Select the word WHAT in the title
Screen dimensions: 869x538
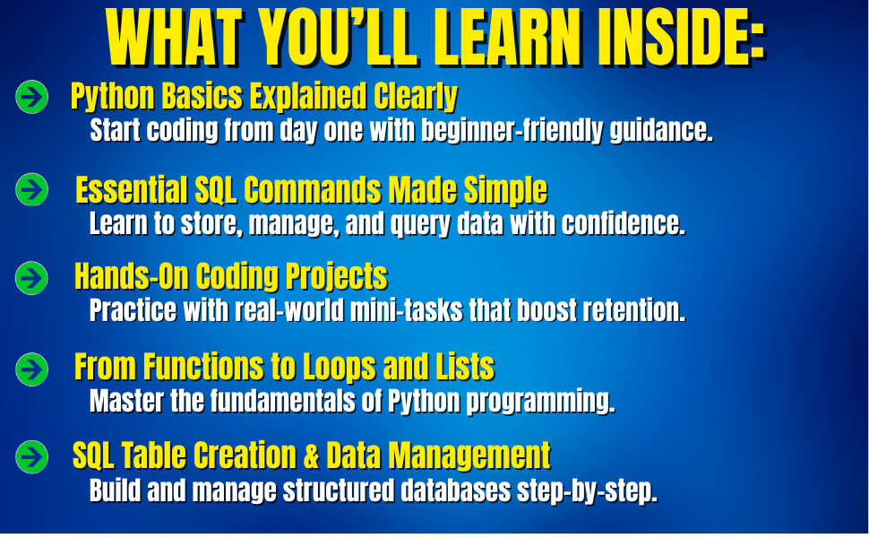[x=175, y=38]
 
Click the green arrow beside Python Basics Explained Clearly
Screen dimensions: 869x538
[x=31, y=97]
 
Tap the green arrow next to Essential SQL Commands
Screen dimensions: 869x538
[x=31, y=190]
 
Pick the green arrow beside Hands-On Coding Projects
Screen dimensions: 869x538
[x=31, y=278]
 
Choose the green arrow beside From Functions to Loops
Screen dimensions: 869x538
[x=31, y=369]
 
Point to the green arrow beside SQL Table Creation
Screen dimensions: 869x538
[x=31, y=457]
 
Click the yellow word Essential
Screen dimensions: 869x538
[x=132, y=190]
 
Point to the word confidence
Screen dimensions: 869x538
[x=624, y=223]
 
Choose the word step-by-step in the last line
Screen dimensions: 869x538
[x=587, y=491]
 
